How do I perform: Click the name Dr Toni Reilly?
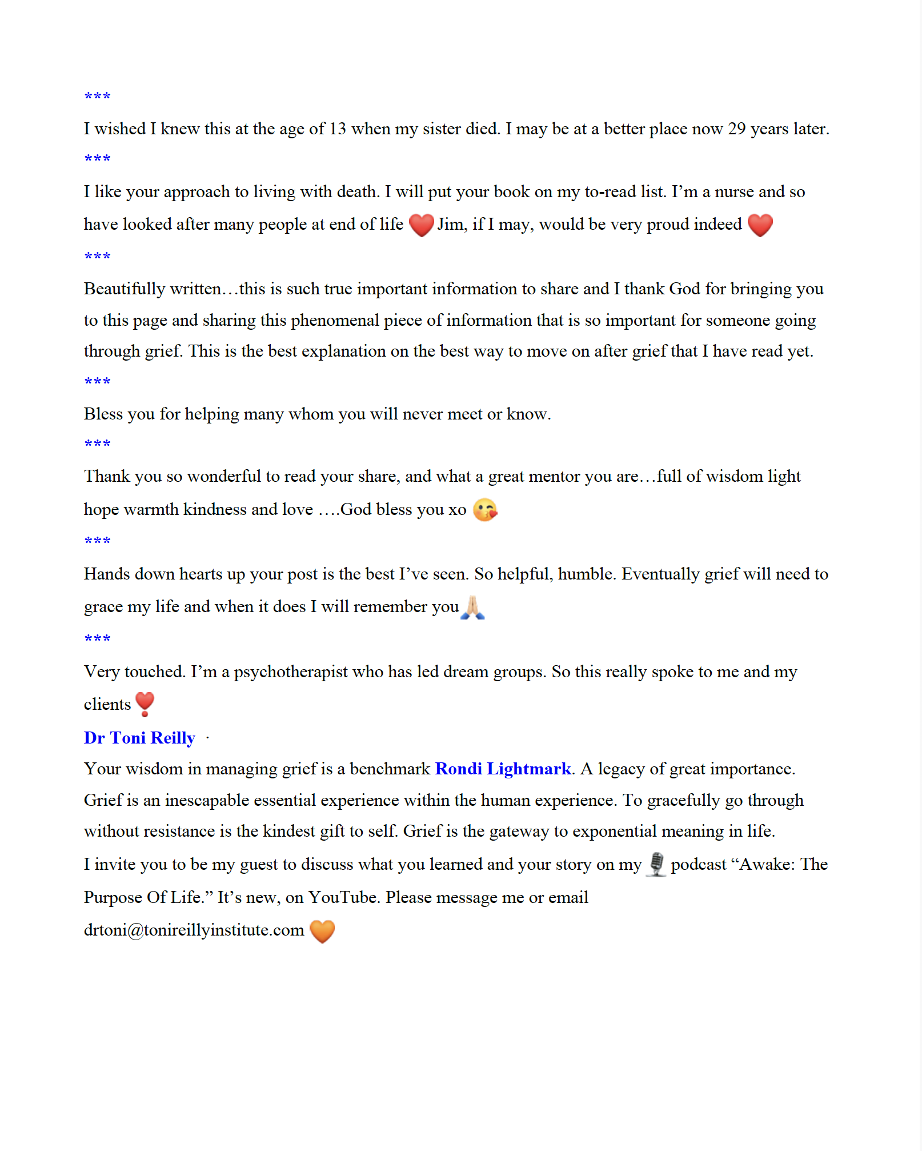coord(139,738)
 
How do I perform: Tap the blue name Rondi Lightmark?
coord(503,769)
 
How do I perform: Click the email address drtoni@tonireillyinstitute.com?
coord(194,930)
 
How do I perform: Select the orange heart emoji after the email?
coord(322,931)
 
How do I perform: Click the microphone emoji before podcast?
coord(656,864)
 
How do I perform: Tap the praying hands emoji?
coord(473,607)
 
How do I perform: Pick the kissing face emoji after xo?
coord(485,510)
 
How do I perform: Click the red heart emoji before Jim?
coord(421,225)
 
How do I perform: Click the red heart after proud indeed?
coord(760,225)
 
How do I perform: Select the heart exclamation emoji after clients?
coord(145,704)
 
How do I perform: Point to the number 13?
coord(338,129)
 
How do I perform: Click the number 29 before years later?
coord(736,129)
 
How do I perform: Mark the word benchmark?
coord(390,769)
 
